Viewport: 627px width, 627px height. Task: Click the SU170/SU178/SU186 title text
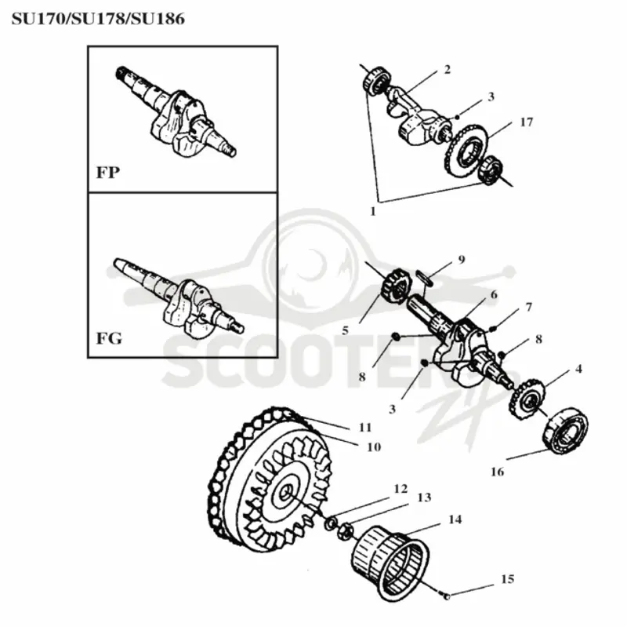click(x=99, y=19)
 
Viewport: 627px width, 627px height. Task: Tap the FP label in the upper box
click(x=108, y=173)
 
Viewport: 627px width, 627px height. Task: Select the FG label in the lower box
click(x=109, y=338)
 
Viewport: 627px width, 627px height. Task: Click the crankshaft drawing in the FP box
click(x=176, y=113)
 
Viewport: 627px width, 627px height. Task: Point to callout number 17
click(x=526, y=122)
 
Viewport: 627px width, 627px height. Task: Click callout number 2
click(x=447, y=69)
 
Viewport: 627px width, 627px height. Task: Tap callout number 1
click(x=373, y=211)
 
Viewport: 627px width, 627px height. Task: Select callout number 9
click(x=462, y=260)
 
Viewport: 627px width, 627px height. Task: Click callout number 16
click(x=498, y=472)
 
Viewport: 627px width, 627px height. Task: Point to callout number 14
click(x=455, y=519)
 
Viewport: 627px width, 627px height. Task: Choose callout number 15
click(x=507, y=579)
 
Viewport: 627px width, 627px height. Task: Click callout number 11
click(x=365, y=428)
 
